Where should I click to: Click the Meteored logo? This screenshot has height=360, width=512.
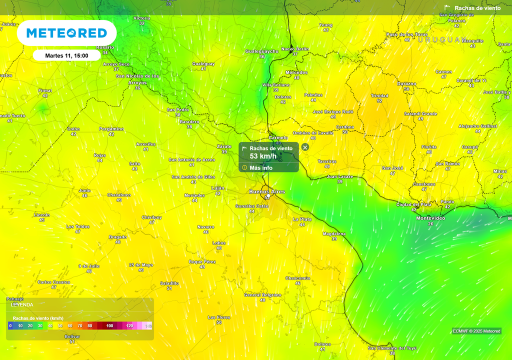point(66,33)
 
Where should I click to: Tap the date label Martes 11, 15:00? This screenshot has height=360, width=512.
point(66,55)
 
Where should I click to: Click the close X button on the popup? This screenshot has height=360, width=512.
point(305,147)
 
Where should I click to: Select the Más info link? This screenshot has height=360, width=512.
point(260,168)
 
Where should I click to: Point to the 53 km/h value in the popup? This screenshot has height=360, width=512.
point(263,156)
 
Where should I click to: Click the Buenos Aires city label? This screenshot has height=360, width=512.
point(267,191)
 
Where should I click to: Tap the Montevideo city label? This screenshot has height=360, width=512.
point(430,218)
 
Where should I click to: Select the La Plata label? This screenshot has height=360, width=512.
point(302,219)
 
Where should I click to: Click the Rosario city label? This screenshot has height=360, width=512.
point(105,47)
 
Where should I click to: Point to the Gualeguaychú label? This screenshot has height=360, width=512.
point(261,51)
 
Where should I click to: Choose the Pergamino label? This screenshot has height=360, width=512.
point(111,128)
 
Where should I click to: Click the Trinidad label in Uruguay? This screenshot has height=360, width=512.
point(379,95)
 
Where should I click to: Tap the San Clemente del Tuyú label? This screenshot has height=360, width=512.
point(392,348)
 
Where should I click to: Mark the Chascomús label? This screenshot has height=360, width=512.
point(297,278)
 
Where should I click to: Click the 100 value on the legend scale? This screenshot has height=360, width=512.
point(109,326)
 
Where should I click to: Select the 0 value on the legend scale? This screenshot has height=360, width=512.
point(10,326)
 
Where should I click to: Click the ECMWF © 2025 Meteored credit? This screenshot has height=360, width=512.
point(476,331)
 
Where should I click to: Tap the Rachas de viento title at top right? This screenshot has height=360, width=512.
point(477,8)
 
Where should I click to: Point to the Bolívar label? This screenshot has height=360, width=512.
point(72,336)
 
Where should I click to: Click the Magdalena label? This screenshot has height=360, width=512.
point(334,233)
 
